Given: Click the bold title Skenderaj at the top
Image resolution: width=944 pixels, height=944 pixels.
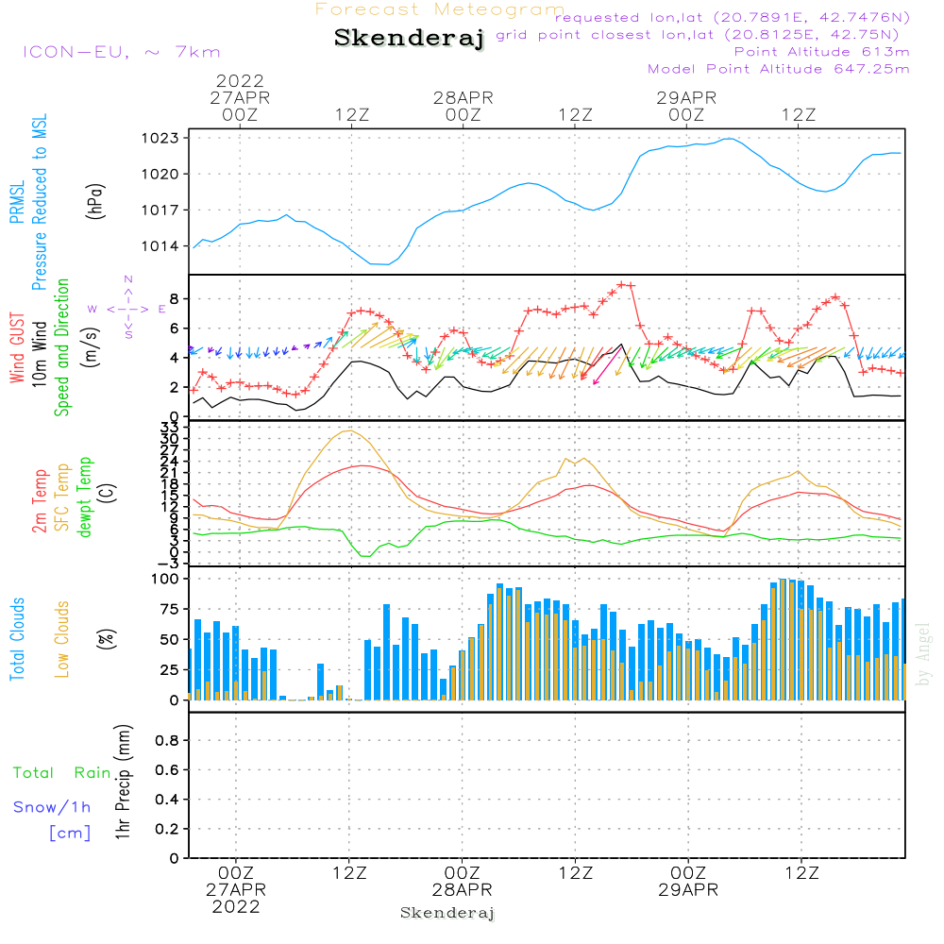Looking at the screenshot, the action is [409, 38].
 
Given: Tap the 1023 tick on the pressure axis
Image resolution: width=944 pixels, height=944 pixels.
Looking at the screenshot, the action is [160, 138].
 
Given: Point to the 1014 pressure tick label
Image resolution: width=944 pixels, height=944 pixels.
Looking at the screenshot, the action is [160, 245].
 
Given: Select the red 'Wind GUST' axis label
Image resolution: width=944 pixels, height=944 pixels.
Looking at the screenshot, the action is [17, 347].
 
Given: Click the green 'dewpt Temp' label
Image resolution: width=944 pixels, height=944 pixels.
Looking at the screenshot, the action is [84, 497].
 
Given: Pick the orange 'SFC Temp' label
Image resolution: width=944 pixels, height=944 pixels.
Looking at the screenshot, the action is [62, 497].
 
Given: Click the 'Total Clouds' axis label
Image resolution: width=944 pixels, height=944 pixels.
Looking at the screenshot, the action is [17, 639].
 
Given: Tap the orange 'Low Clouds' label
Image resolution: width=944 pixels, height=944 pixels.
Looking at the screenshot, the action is [61, 639].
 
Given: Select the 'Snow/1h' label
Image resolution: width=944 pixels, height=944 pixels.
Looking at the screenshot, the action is [52, 807].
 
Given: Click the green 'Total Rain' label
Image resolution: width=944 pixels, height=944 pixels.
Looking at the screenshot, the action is [62, 772].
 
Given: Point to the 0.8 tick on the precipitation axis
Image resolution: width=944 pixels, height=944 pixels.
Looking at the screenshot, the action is [167, 740].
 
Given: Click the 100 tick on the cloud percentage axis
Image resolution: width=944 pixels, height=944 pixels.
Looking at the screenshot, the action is [165, 579].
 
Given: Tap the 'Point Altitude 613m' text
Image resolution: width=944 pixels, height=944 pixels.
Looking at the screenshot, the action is [821, 52].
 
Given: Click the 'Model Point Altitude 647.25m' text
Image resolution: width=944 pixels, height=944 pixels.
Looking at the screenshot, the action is [779, 69].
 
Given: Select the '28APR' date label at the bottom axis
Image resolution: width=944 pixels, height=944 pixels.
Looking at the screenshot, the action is [462, 890].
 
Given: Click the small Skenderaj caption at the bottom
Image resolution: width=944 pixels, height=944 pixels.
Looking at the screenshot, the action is [447, 913].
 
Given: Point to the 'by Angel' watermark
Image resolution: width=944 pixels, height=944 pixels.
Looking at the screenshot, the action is [923, 655].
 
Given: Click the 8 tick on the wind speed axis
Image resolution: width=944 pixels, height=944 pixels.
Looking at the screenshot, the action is [175, 298].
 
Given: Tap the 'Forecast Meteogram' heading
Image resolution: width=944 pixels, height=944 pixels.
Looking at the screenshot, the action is [440, 9].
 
